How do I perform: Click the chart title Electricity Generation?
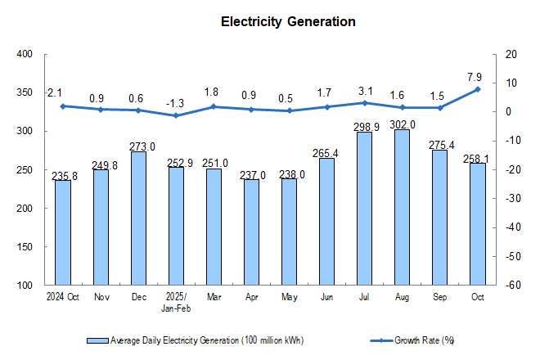(x=288, y=22)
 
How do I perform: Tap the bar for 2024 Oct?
(x=63, y=232)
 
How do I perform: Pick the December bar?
(x=138, y=218)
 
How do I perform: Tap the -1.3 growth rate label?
(x=176, y=103)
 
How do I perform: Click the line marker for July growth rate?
(x=364, y=102)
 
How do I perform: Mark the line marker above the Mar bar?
(x=214, y=106)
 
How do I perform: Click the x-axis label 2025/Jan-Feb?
(x=176, y=302)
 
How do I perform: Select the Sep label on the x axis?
(x=439, y=297)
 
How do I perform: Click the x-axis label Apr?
(x=251, y=297)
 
